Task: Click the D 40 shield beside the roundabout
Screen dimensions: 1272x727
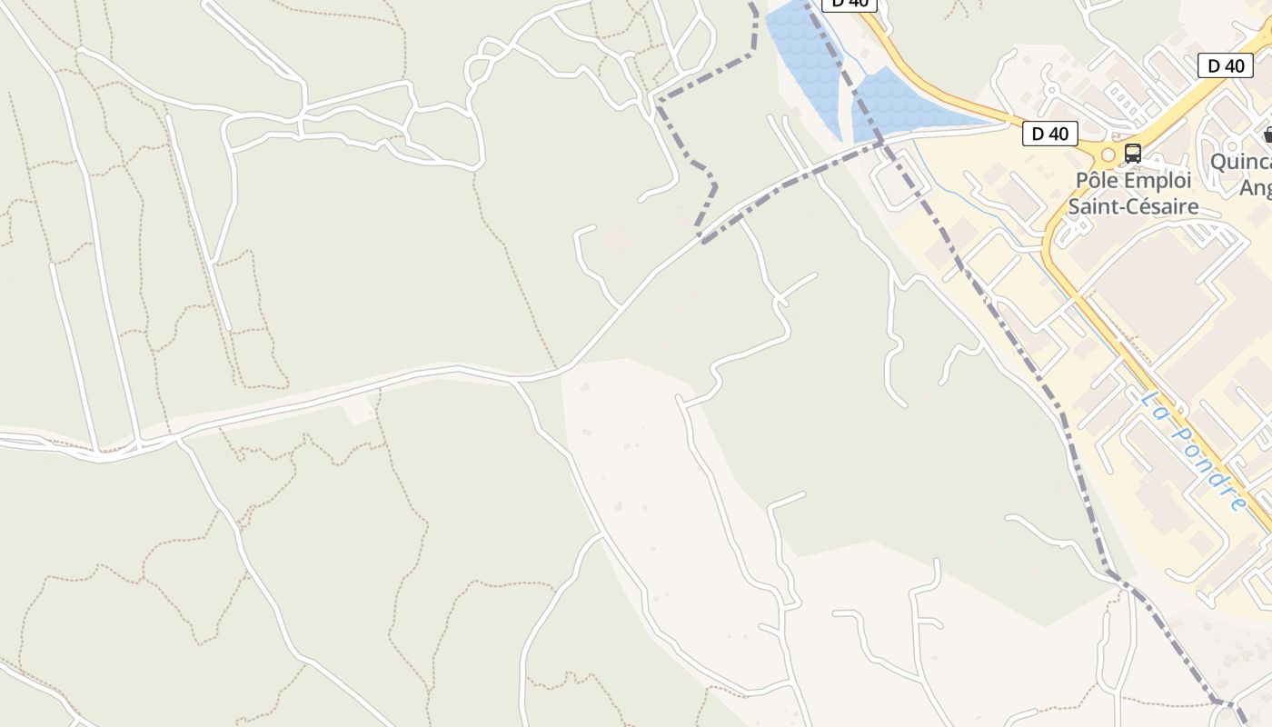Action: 1049,134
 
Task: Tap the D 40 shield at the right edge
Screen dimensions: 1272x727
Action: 1226,65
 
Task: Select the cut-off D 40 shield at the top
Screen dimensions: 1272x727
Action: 850,4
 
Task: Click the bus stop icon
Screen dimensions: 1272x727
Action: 1132,153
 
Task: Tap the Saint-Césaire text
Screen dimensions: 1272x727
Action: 1132,206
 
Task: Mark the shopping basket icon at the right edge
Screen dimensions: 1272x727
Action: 1267,135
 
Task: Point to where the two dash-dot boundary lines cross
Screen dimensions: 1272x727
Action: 879,143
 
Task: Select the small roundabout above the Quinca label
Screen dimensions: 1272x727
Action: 1233,144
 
